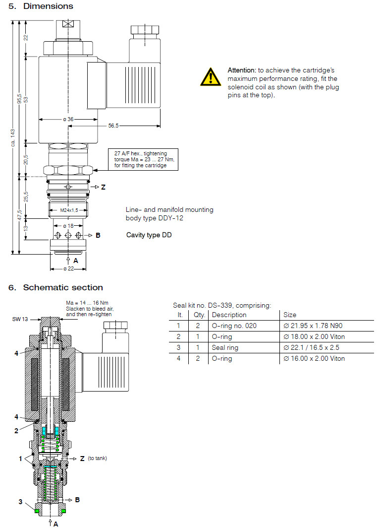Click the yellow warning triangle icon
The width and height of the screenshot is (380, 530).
(211, 77)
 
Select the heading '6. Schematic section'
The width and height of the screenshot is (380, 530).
(55, 287)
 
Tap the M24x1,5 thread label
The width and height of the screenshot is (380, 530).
(68, 210)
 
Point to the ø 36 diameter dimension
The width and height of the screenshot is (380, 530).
(68, 119)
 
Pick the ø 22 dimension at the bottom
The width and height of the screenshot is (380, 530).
(68, 268)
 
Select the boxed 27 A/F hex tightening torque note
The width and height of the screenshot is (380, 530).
(144, 159)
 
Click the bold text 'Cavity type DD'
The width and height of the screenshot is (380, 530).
(149, 235)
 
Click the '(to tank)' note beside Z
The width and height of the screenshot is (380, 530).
(97, 458)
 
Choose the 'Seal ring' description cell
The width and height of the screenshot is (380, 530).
(225, 347)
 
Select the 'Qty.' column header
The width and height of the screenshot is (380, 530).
(198, 315)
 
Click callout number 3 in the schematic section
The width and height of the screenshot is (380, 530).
(20, 502)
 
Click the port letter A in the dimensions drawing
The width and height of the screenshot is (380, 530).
(76, 260)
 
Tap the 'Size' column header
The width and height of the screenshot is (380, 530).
(290, 315)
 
